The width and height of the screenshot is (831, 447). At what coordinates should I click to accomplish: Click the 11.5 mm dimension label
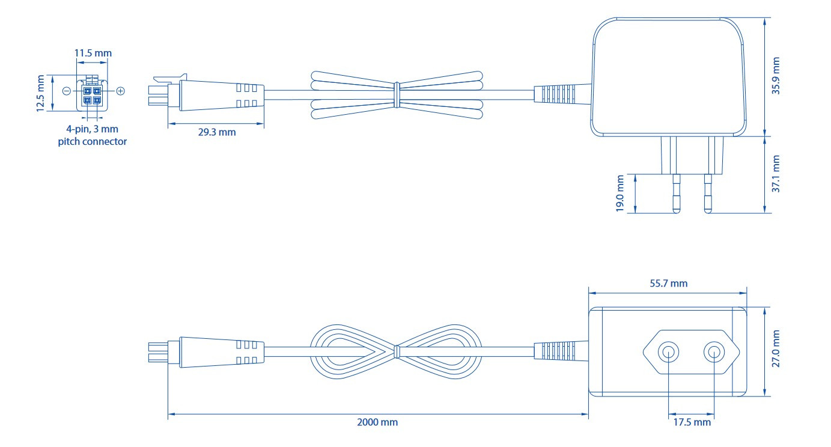[x=93, y=53]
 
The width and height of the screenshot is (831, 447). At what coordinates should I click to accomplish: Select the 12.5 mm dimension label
[x=40, y=93]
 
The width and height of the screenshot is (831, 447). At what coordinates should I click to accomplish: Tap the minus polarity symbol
[x=66, y=91]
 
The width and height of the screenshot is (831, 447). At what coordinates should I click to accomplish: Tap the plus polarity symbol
[x=120, y=91]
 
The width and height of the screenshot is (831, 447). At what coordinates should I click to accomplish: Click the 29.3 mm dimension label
[x=217, y=132]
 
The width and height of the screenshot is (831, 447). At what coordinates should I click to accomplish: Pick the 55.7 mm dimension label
[x=668, y=284]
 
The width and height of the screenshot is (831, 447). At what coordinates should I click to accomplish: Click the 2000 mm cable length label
[x=378, y=422]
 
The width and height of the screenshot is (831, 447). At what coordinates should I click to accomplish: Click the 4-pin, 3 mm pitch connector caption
[x=97, y=135]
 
